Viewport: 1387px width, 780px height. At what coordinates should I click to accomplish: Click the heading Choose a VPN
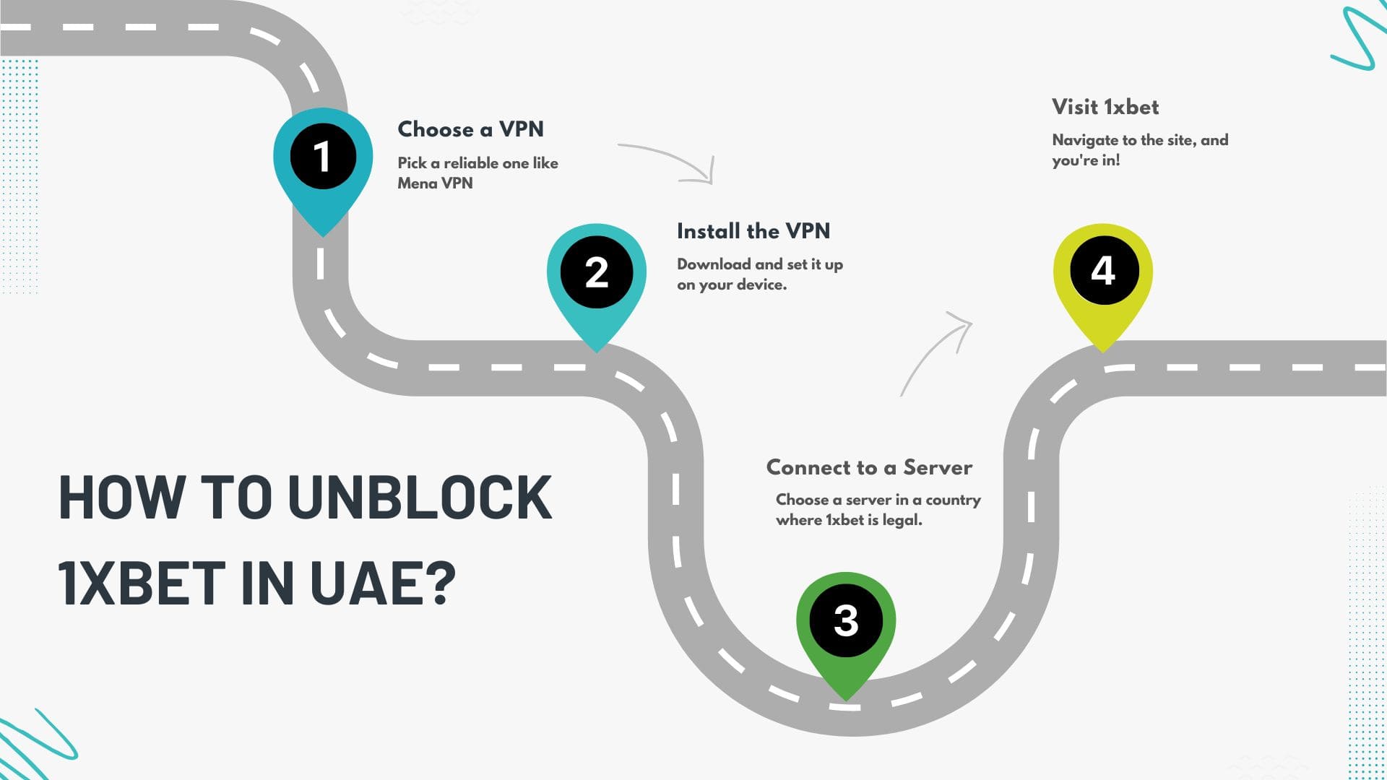pos(470,129)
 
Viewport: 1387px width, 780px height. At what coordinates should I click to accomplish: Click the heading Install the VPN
pos(753,231)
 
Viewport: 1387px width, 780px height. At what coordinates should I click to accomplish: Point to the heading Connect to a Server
pos(869,467)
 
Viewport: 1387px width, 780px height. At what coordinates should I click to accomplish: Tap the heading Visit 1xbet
pos(1105,107)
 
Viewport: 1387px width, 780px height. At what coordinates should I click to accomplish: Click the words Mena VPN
pos(435,183)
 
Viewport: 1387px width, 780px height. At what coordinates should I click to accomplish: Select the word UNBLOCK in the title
pos(420,498)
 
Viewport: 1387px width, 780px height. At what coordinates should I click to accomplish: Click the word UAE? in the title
pos(383,583)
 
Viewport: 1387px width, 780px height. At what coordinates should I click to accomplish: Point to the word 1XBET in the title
pos(142,583)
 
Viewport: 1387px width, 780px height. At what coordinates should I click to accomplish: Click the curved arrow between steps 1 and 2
pos(672,162)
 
